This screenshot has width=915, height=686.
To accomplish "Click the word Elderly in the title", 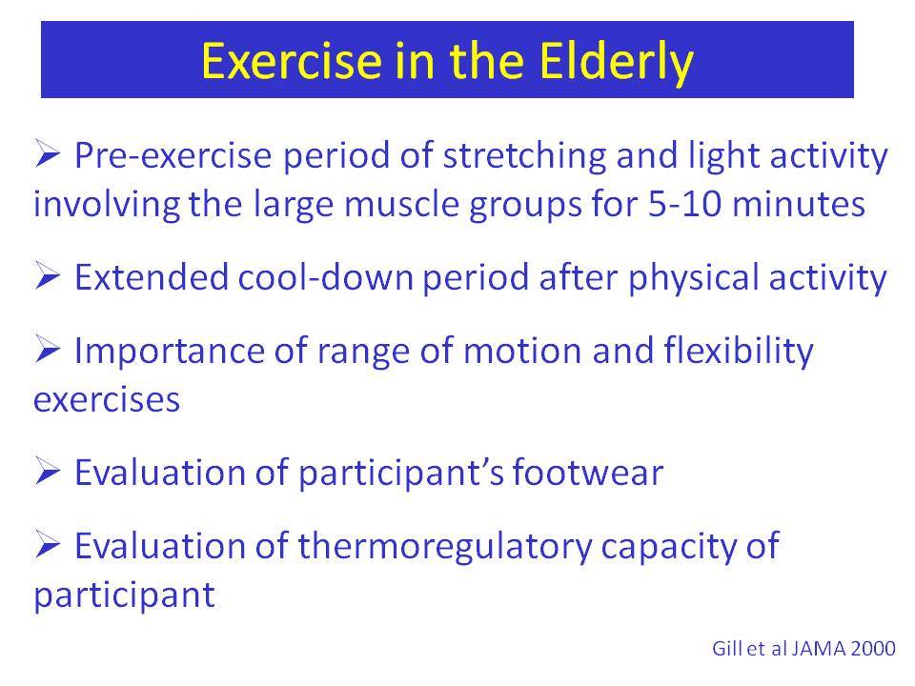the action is [x=616, y=62].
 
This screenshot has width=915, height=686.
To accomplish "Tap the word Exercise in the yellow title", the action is [x=292, y=61].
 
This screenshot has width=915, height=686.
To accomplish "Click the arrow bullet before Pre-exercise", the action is [x=48, y=153].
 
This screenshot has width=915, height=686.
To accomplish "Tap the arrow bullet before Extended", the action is [x=48, y=275].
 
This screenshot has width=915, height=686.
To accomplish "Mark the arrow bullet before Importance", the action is [x=48, y=349].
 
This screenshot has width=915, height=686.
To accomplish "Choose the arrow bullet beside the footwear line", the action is [x=48, y=471].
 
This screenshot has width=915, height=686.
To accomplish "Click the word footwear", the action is [x=588, y=473].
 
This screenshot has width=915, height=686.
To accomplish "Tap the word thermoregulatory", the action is [x=445, y=547].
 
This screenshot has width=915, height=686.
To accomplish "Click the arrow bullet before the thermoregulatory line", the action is [x=48, y=544].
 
